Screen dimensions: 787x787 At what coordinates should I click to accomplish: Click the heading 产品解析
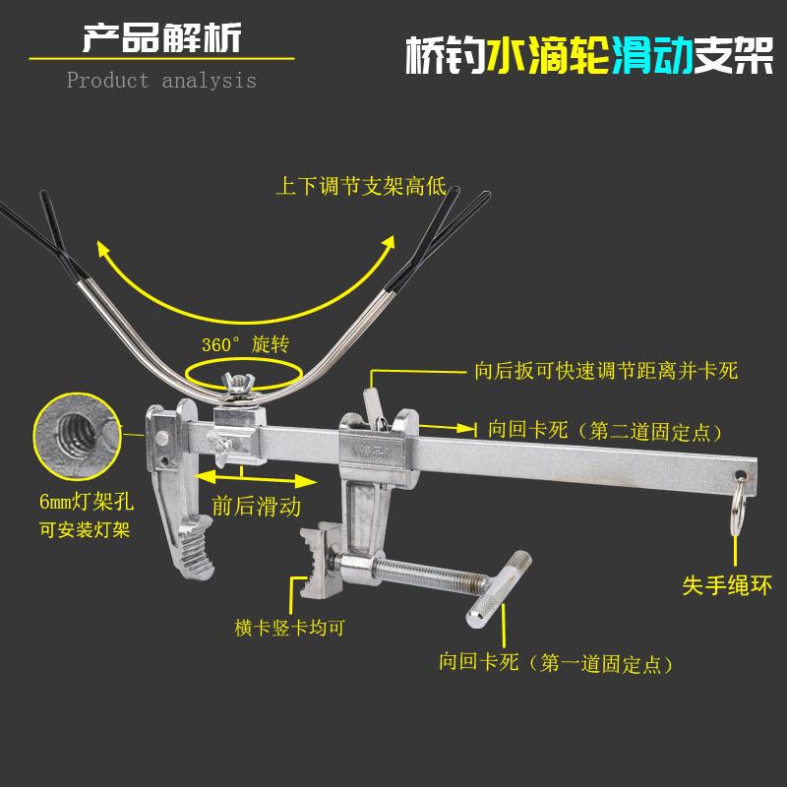click(160, 40)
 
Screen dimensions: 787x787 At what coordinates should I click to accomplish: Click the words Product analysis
click(161, 80)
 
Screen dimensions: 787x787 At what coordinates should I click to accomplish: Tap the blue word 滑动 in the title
click(651, 56)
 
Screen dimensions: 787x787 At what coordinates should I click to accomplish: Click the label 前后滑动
click(257, 506)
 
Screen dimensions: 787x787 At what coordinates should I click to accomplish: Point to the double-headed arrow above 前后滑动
click(254, 479)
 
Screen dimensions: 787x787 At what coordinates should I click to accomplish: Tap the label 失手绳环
click(727, 585)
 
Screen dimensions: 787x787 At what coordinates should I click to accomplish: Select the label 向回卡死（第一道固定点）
click(556, 664)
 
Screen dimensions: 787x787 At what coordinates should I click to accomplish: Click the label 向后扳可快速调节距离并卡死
click(605, 371)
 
